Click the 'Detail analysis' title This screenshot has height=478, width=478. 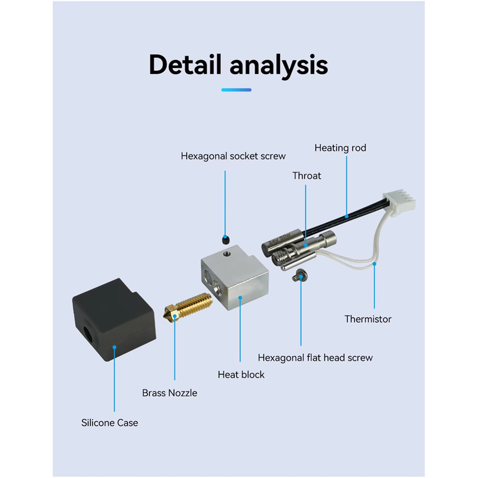(x=239, y=64)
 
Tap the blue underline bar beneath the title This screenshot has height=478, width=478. (x=236, y=90)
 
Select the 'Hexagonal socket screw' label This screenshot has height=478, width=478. (x=233, y=156)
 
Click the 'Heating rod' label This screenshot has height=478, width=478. (x=340, y=148)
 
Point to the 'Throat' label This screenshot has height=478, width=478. (x=307, y=176)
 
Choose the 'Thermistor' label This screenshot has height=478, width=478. (x=368, y=319)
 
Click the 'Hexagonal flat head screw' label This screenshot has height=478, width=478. (x=315, y=358)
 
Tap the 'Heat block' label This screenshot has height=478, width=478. (x=241, y=375)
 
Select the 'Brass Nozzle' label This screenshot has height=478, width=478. (x=169, y=393)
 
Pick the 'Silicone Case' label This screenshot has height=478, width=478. (x=109, y=423)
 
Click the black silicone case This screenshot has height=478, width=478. (x=114, y=320)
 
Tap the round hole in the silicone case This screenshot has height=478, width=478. (x=88, y=335)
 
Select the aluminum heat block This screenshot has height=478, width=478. (x=235, y=277)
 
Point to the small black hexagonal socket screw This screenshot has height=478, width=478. (x=225, y=239)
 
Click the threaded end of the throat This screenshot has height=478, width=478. (x=279, y=258)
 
